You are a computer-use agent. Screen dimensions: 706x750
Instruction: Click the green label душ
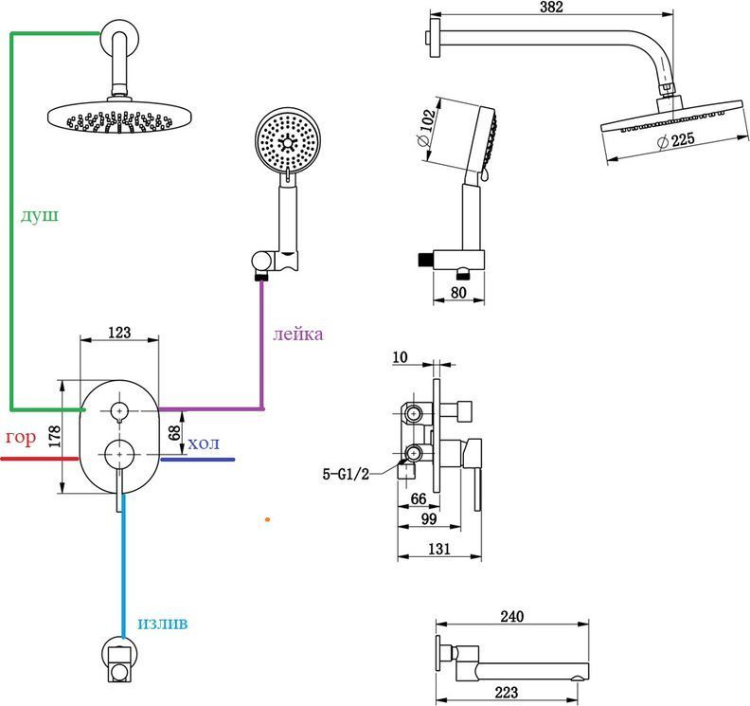coord(39,216)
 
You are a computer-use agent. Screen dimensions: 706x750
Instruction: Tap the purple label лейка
coord(297,334)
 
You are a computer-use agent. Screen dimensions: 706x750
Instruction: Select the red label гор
coord(20,439)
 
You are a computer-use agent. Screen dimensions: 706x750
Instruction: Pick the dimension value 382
coord(550,8)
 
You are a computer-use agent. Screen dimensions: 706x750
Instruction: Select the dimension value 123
coord(119,333)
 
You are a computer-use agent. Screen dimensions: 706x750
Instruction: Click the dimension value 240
coord(511,617)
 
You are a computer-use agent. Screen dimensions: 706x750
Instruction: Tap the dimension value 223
coord(507,693)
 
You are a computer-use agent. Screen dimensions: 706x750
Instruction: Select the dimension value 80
coord(457,293)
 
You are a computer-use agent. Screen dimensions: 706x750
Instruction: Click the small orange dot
coord(268,519)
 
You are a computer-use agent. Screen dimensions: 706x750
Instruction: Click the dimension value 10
coord(399,357)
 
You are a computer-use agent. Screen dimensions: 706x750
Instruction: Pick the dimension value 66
coord(419,499)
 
